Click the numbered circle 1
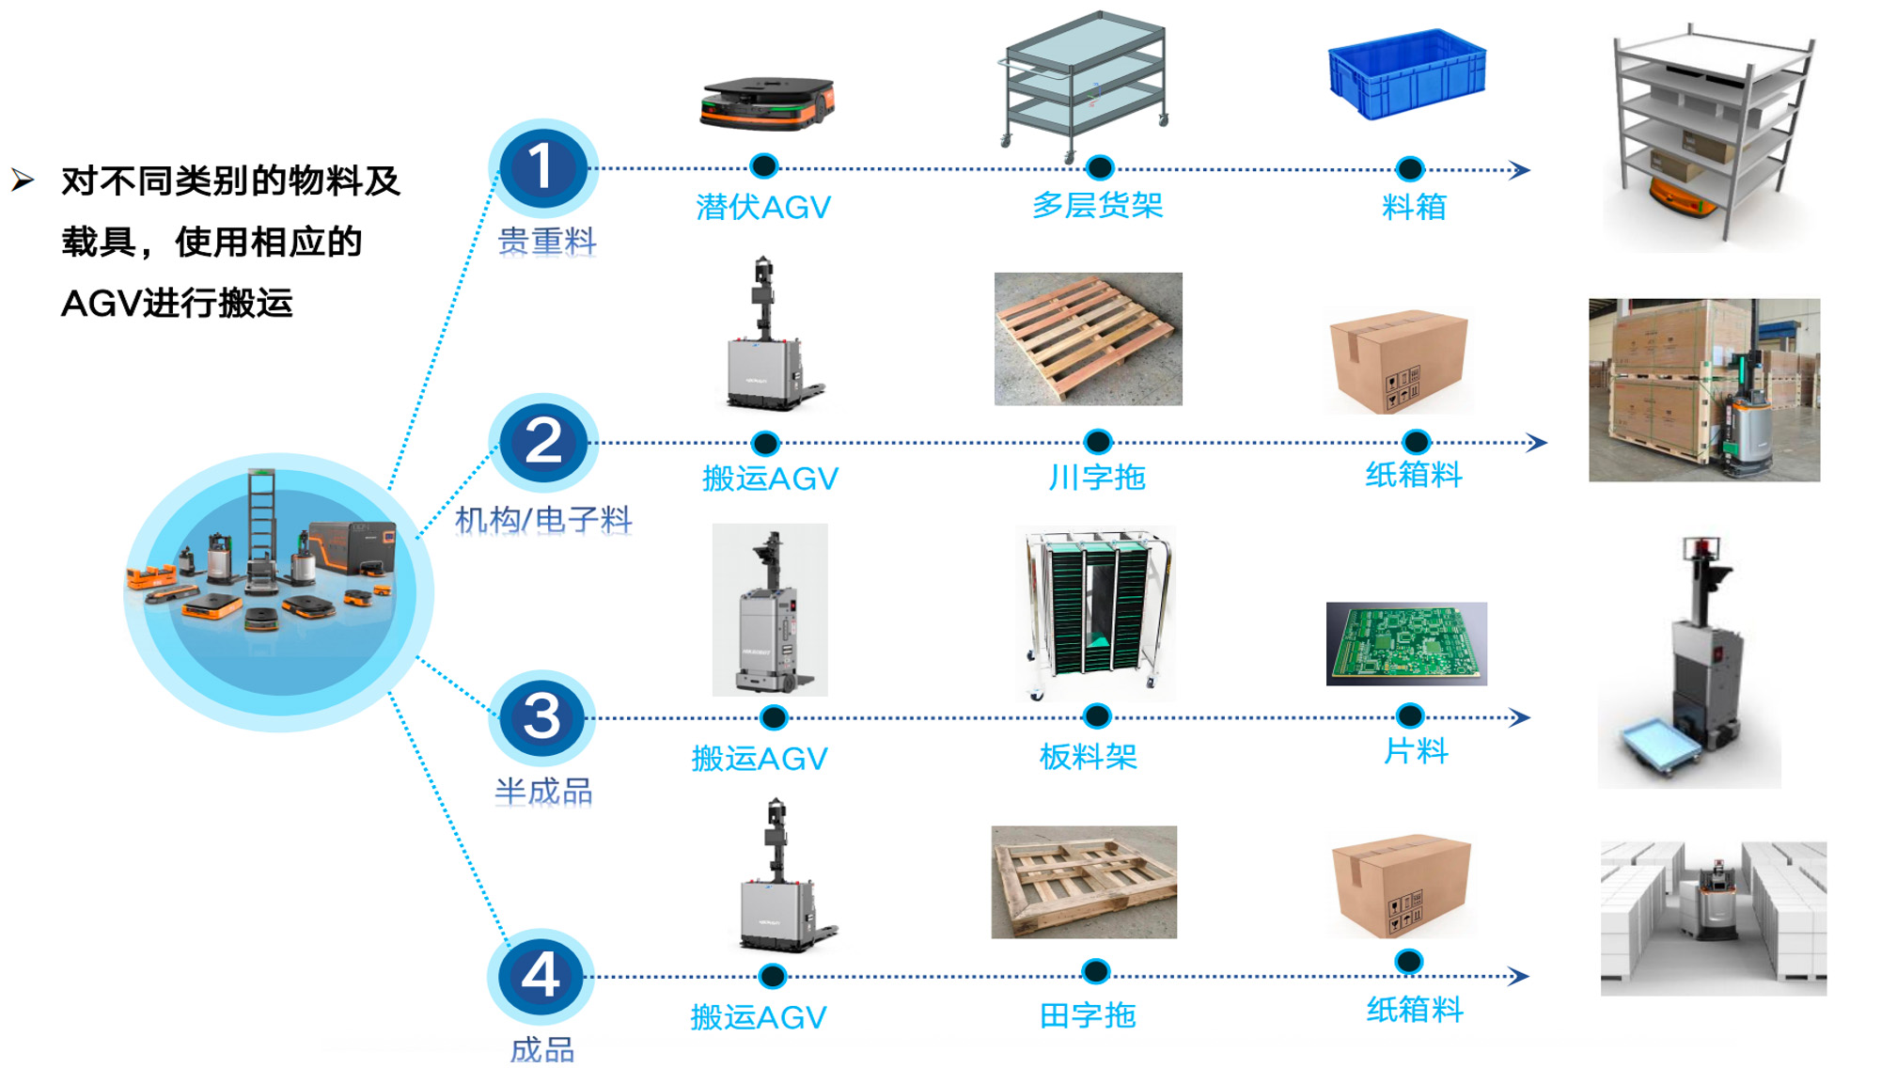(x=542, y=167)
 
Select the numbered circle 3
(x=542, y=716)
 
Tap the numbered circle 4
(x=541, y=975)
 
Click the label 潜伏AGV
(x=763, y=207)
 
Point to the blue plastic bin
(x=1406, y=73)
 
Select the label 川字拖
(x=1096, y=478)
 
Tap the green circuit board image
(x=1406, y=643)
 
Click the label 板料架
(x=1088, y=757)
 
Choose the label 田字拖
(x=1088, y=1015)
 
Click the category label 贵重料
(x=547, y=242)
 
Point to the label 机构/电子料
(x=543, y=519)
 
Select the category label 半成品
(x=543, y=792)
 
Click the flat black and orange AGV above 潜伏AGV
(x=767, y=102)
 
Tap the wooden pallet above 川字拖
(x=1088, y=339)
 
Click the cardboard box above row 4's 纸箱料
(x=1401, y=887)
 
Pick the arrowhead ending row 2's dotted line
(x=1536, y=442)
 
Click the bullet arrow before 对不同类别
(x=23, y=180)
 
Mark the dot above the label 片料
(x=1410, y=716)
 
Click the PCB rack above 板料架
(x=1096, y=613)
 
